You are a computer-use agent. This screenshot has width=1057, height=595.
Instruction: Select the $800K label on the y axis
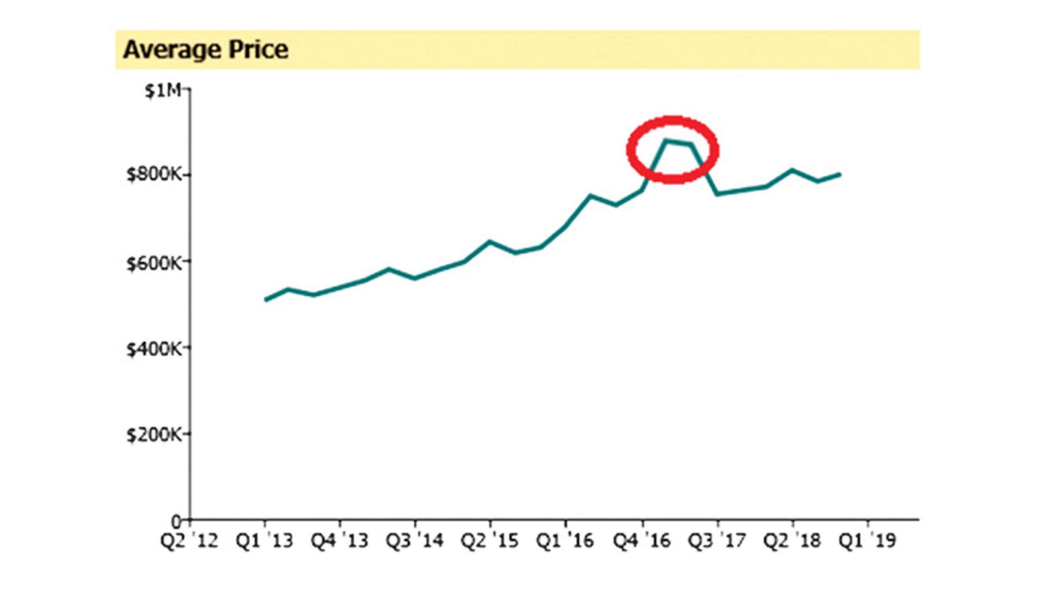[x=154, y=175]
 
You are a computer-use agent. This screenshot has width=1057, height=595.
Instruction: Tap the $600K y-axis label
[x=154, y=264]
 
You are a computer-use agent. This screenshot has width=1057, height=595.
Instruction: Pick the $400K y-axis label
[x=154, y=349]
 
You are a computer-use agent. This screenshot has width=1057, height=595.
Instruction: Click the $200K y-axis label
[x=154, y=435]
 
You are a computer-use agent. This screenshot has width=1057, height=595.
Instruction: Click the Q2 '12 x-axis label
[x=189, y=540]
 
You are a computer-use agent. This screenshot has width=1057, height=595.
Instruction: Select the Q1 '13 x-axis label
[x=265, y=540]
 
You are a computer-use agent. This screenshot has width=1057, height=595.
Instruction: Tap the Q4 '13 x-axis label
[x=340, y=540]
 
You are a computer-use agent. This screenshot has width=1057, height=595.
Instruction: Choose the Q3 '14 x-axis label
[x=414, y=540]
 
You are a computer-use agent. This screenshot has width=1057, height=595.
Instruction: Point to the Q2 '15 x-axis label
[x=490, y=540]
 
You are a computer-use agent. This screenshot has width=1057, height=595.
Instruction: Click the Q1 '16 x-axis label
[x=565, y=540]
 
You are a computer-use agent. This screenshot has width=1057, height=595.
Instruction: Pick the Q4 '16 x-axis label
[x=642, y=540]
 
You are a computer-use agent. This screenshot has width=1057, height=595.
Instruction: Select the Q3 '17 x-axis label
[x=717, y=540]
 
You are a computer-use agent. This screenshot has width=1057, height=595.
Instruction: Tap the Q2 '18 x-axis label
[x=792, y=540]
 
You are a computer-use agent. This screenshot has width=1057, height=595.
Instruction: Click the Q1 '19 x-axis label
[x=867, y=540]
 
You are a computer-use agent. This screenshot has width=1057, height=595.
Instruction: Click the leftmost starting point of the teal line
[x=266, y=300]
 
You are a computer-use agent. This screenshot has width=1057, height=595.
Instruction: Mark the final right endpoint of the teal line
[x=839, y=175]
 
